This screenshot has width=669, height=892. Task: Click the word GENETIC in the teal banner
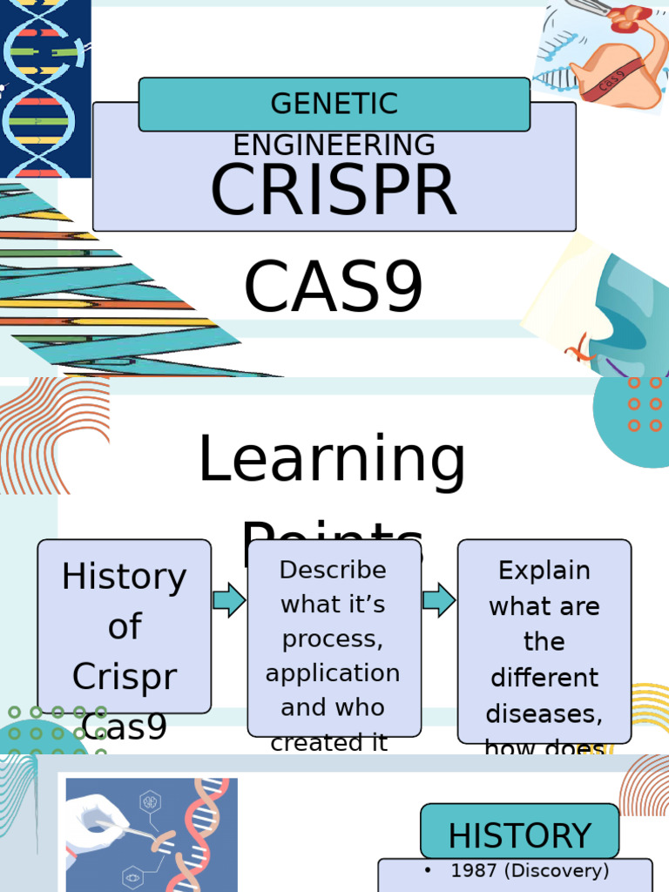(x=334, y=104)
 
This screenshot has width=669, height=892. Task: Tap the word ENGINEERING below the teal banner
(x=334, y=145)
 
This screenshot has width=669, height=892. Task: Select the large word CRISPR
(x=334, y=191)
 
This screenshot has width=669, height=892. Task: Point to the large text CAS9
(x=334, y=287)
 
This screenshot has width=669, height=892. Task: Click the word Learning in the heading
(x=332, y=460)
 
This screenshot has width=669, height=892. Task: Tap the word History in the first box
(x=124, y=577)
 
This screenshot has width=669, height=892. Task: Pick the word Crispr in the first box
(x=124, y=677)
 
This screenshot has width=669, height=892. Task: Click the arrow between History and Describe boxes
(x=229, y=601)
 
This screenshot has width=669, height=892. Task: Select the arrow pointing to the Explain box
(x=439, y=600)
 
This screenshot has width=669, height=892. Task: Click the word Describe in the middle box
(x=333, y=570)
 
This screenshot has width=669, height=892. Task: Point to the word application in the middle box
(x=333, y=673)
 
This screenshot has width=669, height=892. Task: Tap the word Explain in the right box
(x=544, y=571)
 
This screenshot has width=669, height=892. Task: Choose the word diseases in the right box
(x=544, y=713)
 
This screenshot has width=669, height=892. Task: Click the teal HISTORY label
(x=519, y=835)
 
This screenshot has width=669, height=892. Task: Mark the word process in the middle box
(x=333, y=639)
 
